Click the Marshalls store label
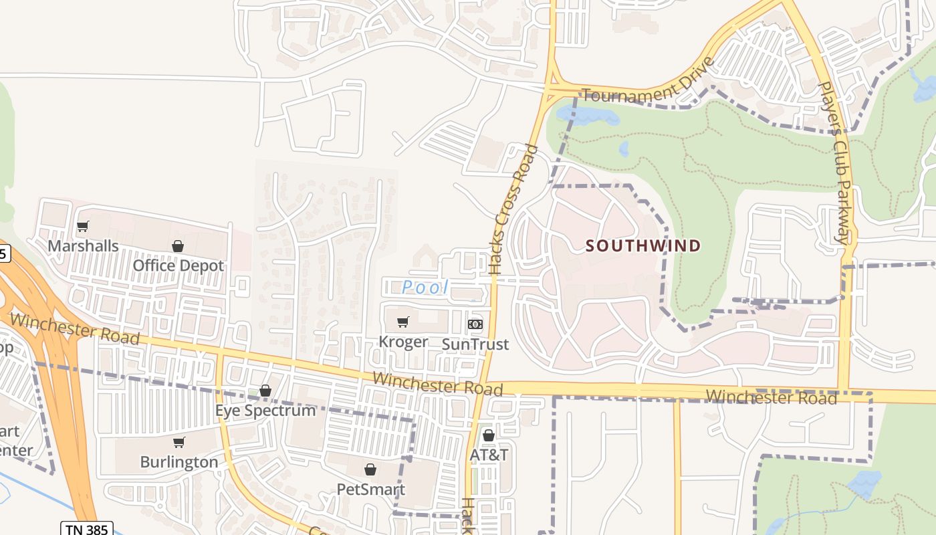point(83,246)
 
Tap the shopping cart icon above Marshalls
point(83,226)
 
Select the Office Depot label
point(178,265)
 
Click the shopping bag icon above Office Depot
point(178,246)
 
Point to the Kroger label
point(403,342)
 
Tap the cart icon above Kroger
point(402,322)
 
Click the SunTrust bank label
point(475,344)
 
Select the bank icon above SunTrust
point(475,324)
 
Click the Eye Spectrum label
point(265,410)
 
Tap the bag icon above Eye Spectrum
point(265,390)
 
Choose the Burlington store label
point(179,462)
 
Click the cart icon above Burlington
point(179,442)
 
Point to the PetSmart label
point(370,489)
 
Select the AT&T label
point(489,455)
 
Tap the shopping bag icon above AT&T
point(489,435)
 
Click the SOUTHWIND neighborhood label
point(643,246)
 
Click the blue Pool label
point(425,288)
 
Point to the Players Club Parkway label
point(834,163)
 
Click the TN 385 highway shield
point(87,529)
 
